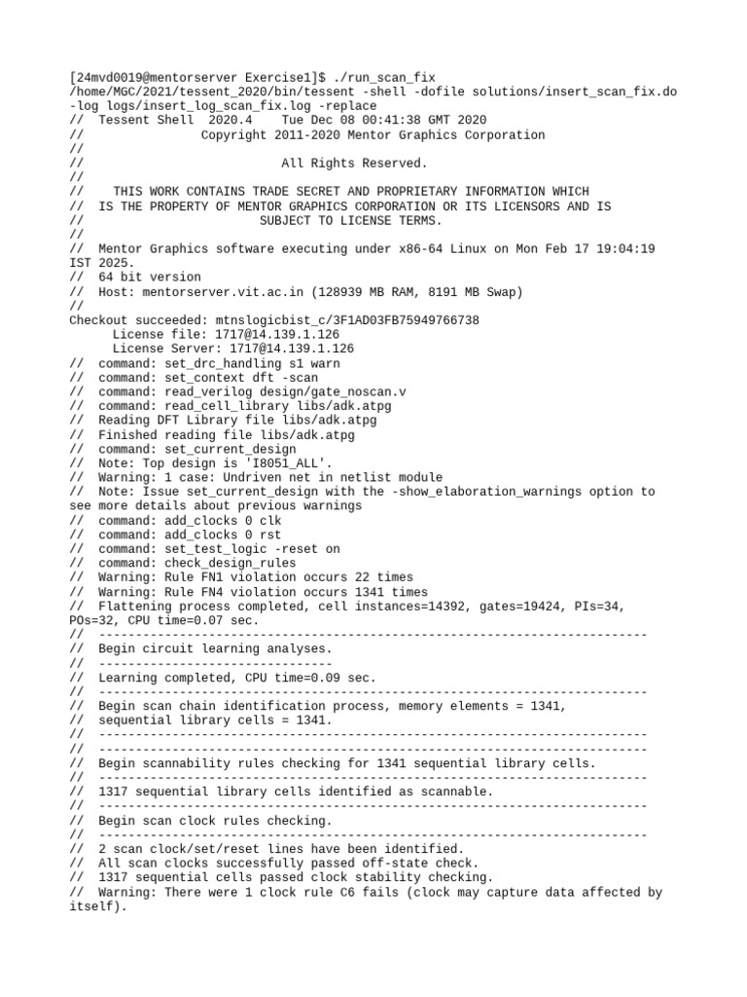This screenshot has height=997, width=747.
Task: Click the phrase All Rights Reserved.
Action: [354, 163]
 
